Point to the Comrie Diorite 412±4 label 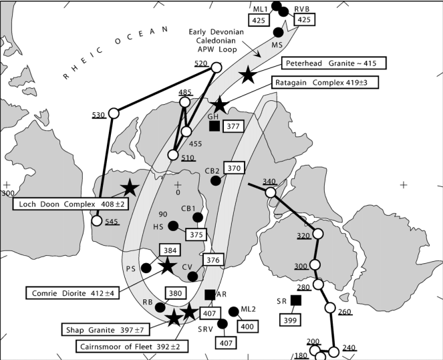[72, 293]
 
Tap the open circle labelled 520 [216, 67]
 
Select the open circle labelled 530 [114, 112]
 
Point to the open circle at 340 [270, 192]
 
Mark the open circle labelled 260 [329, 308]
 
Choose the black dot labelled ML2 [233, 311]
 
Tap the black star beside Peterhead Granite [248, 75]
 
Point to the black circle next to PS [146, 268]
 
